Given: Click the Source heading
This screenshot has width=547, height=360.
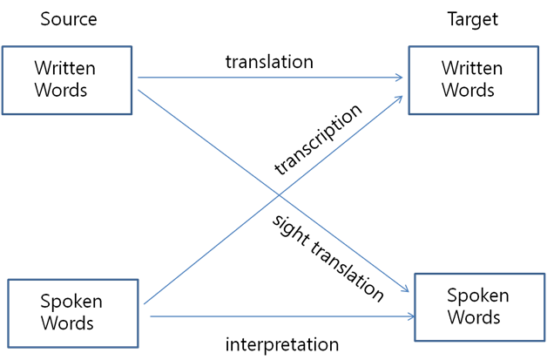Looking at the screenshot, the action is [x=69, y=19].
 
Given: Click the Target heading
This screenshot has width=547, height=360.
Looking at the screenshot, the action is [x=473, y=19].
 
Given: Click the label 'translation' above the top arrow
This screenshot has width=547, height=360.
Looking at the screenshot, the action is [x=269, y=62].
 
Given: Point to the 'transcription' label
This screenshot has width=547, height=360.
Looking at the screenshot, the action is [x=318, y=139].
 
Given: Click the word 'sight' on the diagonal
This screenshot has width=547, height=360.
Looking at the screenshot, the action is [x=290, y=230].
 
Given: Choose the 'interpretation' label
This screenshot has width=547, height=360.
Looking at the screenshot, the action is [x=282, y=344].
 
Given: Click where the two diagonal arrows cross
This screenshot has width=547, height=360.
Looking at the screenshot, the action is [x=279, y=195].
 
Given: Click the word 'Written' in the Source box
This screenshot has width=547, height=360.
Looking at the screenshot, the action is [x=64, y=68].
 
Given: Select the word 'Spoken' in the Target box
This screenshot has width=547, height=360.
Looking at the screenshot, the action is [x=478, y=295].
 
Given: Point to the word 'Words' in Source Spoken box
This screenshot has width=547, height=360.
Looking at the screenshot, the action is [x=67, y=323].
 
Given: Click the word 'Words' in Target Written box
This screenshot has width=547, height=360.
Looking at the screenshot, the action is [x=468, y=90].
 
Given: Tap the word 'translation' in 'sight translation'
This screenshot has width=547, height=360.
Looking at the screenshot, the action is [x=348, y=271].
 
